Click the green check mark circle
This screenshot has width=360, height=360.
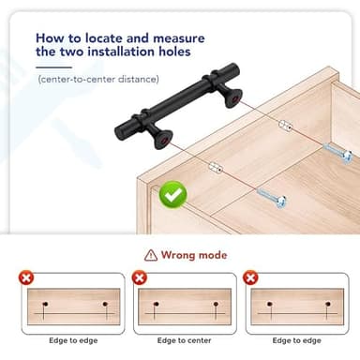(x=173, y=194)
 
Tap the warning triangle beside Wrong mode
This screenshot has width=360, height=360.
(x=151, y=255)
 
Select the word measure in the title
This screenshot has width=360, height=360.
(x=179, y=38)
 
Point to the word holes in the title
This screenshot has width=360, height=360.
(x=174, y=52)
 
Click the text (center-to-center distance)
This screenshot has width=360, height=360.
(x=98, y=79)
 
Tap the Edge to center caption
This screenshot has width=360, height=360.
(x=184, y=340)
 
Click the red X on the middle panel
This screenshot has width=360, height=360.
(x=140, y=277)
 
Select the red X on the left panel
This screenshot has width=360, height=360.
(x=26, y=277)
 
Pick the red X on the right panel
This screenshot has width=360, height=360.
(x=250, y=277)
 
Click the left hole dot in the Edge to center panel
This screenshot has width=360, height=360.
(x=157, y=304)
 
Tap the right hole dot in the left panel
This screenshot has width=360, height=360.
(x=105, y=304)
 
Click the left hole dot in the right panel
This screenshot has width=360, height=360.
(x=269, y=304)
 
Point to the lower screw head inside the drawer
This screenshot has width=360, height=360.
(x=280, y=202)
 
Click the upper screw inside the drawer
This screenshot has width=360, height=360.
(x=337, y=153)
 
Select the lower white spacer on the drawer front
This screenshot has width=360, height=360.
(x=216, y=167)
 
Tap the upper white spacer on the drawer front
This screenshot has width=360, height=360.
(x=285, y=126)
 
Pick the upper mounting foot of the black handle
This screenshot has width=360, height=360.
(x=231, y=95)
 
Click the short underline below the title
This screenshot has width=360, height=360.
(x=53, y=67)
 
